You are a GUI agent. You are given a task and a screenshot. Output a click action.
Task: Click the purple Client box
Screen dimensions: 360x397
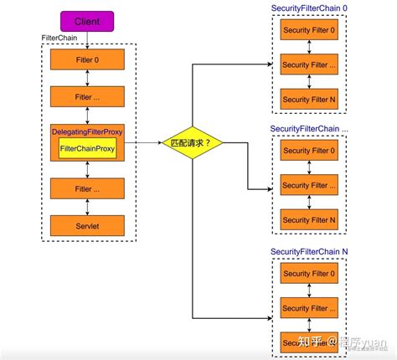[x=87, y=19]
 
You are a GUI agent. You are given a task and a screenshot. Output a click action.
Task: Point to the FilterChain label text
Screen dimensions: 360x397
[x=60, y=39]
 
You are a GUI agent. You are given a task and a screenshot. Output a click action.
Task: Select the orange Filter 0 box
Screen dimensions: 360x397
[x=87, y=60]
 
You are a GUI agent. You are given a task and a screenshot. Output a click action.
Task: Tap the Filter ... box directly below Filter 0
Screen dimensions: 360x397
[x=87, y=97]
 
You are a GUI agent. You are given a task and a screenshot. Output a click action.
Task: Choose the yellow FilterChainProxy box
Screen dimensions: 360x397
[x=87, y=148]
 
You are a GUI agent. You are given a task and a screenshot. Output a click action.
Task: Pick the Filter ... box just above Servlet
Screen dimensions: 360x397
[x=87, y=189]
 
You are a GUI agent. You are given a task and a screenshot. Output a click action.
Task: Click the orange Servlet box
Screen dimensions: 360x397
[x=87, y=225]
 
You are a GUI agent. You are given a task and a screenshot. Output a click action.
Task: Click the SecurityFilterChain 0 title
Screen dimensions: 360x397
[x=311, y=9]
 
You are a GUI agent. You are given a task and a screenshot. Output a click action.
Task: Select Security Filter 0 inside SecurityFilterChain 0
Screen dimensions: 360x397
[x=311, y=31]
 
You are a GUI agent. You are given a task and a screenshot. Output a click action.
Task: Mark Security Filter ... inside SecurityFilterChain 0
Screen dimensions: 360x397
[x=311, y=64]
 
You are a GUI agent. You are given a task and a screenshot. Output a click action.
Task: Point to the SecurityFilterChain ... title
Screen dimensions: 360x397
[x=311, y=129]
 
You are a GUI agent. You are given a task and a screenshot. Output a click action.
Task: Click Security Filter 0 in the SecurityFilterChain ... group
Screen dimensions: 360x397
[x=311, y=151]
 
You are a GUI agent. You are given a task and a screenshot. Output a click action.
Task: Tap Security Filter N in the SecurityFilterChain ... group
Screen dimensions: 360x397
[x=311, y=219]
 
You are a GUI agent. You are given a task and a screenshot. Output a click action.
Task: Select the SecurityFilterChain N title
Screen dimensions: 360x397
[x=311, y=251]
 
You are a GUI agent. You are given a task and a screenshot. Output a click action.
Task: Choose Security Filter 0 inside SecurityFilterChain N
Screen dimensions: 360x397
[x=311, y=274]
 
